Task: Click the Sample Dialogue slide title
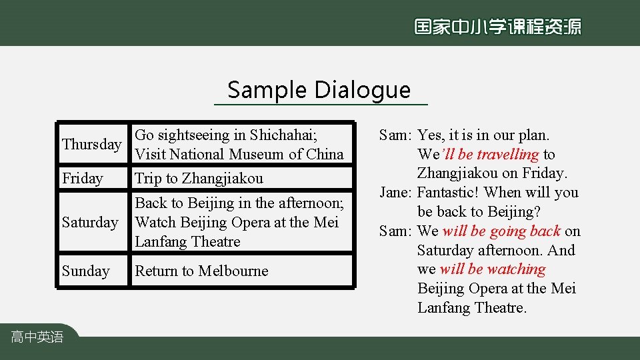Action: click(319, 89)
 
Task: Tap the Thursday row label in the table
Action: click(91, 145)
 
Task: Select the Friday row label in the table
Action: click(83, 179)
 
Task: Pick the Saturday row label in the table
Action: click(90, 222)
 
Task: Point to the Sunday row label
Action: click(86, 271)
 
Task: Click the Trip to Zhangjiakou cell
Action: click(199, 179)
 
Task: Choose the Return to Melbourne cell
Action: click(201, 271)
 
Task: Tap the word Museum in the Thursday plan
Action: click(259, 155)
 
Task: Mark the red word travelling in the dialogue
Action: click(507, 155)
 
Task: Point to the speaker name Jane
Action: click(395, 193)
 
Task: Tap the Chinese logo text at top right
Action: click(497, 27)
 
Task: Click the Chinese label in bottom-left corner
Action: click(37, 337)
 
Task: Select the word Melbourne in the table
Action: click(231, 271)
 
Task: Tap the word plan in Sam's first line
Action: click(533, 135)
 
